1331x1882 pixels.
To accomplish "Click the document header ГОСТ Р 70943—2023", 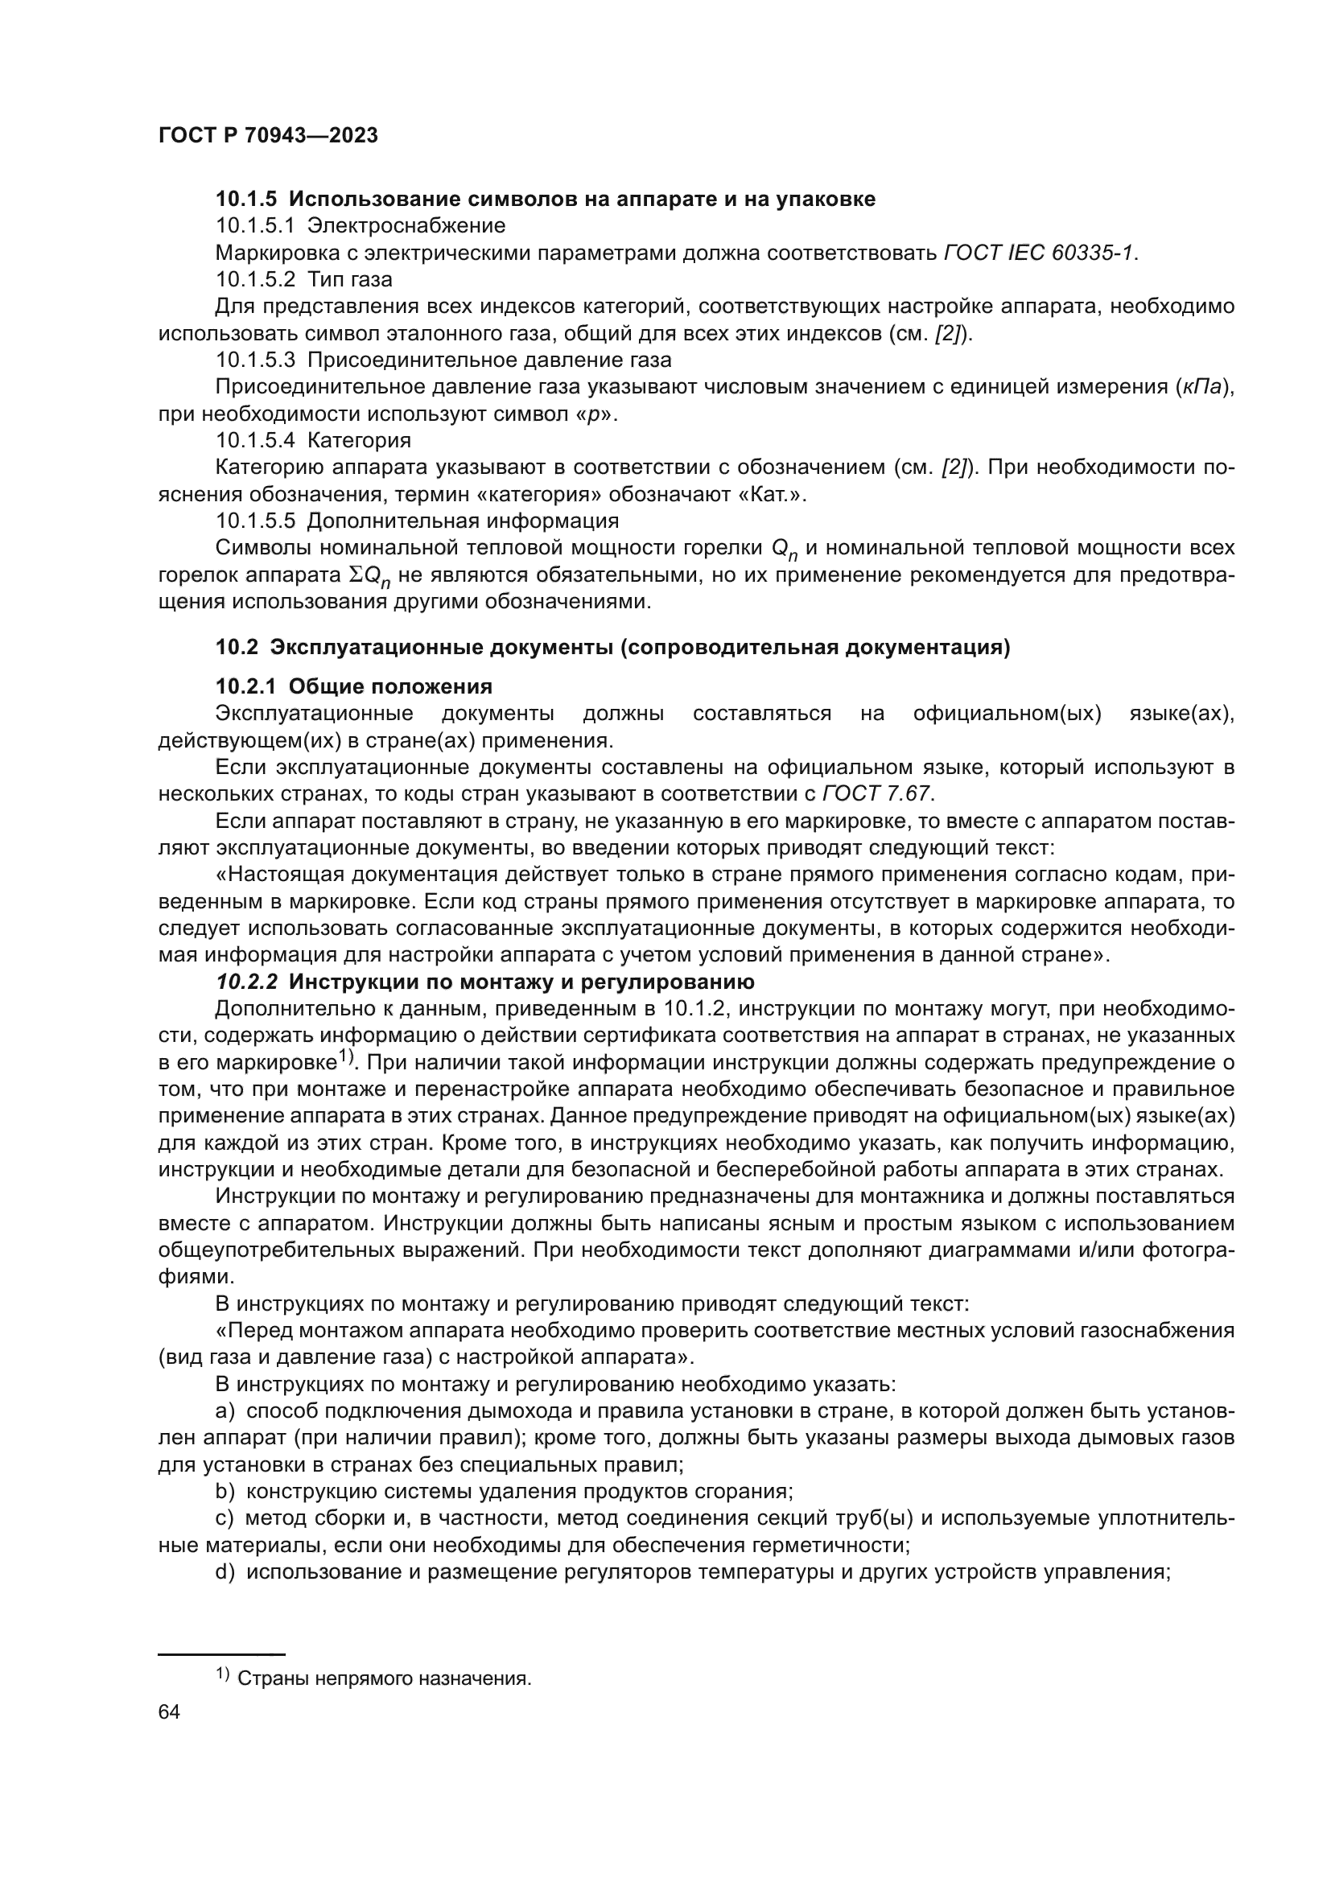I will click(268, 136).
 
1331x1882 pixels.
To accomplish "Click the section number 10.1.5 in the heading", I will click(247, 200).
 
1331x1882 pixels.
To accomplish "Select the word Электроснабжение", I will click(406, 225).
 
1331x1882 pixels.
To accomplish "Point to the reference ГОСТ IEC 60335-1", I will click(1040, 253).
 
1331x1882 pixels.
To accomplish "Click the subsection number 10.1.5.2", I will click(255, 279).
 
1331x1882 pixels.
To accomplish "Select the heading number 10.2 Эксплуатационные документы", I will click(237, 648).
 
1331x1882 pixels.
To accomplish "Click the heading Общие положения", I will click(390, 686).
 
